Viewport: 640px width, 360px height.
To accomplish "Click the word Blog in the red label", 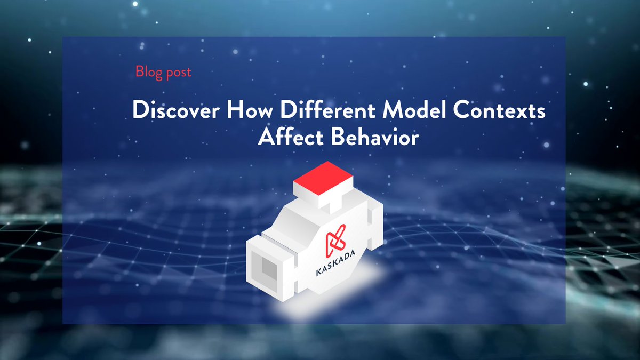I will coord(149,71).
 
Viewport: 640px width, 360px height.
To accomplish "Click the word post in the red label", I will coord(178,72).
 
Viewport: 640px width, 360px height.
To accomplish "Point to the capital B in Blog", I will coord(139,71).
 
